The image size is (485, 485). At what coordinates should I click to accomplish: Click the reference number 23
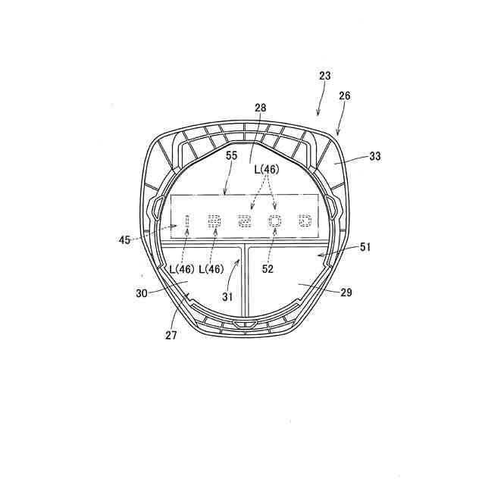(x=325, y=76)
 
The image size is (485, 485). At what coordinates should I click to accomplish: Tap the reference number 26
(x=345, y=96)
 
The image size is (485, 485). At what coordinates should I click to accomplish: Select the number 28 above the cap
(x=261, y=108)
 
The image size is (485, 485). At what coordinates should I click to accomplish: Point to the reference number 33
(x=375, y=156)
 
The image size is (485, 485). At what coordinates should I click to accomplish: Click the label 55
(x=231, y=155)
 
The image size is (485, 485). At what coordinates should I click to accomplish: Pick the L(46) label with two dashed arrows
(x=267, y=169)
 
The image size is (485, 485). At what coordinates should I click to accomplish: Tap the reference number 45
(x=124, y=239)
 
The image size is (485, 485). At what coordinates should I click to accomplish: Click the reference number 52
(x=268, y=269)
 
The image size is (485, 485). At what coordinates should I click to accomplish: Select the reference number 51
(x=365, y=247)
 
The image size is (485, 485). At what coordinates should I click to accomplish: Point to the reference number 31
(x=227, y=297)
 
